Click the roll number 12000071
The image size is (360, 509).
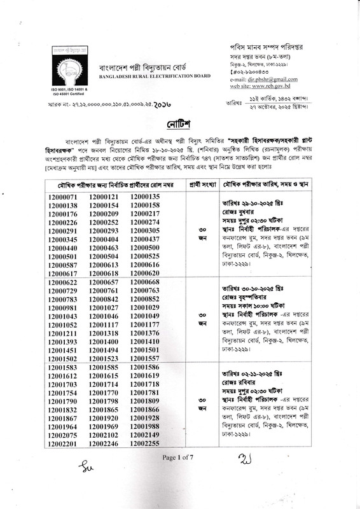click(62, 197)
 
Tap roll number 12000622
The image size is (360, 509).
click(62, 282)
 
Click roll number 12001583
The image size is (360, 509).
click(62, 368)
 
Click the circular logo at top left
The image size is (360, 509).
click(62, 59)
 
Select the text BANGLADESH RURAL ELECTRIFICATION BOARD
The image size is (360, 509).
click(154, 76)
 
